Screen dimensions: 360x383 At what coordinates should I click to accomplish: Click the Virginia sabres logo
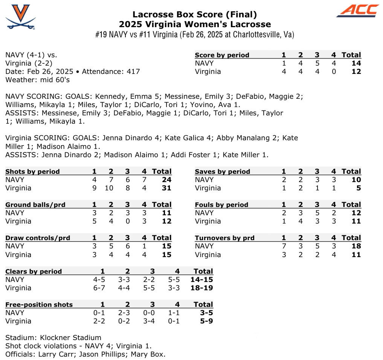21,17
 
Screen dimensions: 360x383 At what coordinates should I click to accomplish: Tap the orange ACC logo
357,11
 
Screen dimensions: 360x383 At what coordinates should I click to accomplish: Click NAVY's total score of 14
356,63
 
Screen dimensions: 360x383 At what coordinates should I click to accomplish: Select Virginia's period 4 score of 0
334,72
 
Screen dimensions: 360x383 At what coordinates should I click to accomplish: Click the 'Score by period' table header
222,55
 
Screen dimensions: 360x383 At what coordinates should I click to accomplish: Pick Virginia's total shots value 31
166,188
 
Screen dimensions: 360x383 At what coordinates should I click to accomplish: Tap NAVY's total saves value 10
356,180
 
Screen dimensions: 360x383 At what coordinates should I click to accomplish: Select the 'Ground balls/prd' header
35,205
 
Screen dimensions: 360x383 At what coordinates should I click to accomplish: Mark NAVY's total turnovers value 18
356,246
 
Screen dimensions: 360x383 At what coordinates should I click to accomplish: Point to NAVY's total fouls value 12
356,213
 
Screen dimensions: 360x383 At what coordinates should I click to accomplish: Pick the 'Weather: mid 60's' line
38,80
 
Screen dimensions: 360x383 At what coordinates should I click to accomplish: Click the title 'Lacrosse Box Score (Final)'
195,15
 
